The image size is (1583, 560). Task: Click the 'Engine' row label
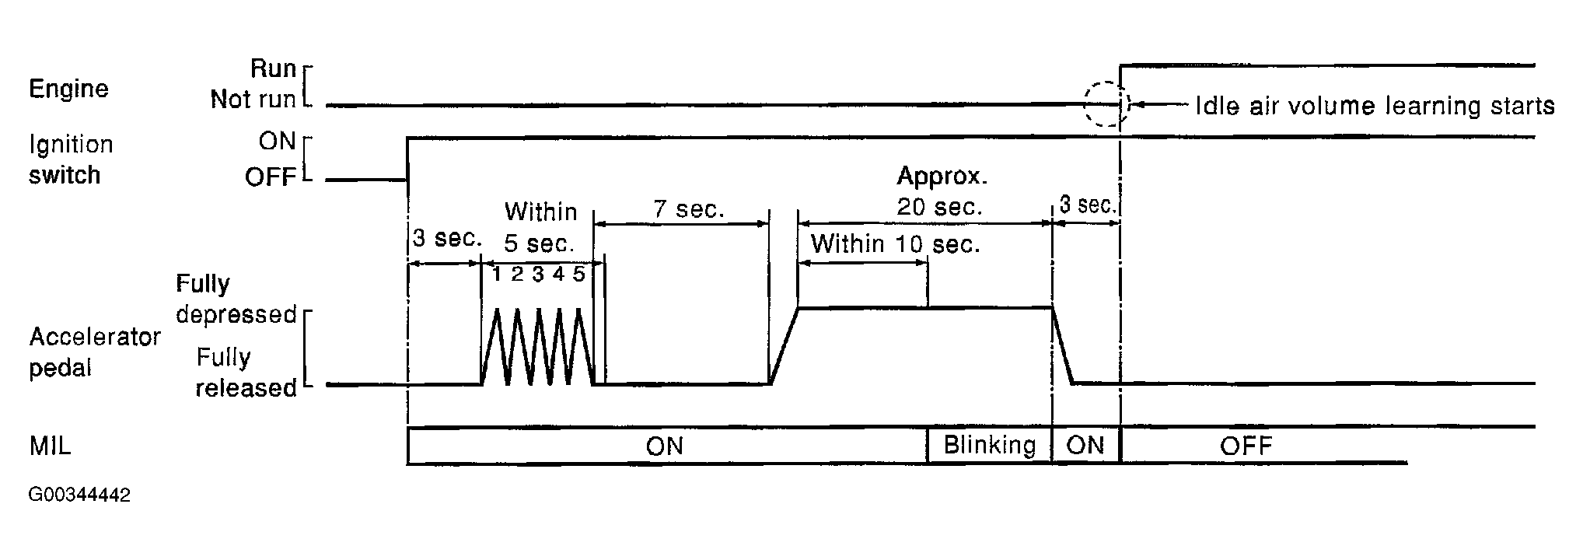click(68, 89)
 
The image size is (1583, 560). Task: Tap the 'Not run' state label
click(253, 100)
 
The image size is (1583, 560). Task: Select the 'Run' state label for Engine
click(273, 69)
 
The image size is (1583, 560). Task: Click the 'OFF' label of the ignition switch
click(271, 178)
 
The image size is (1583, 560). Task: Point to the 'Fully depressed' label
click(236, 299)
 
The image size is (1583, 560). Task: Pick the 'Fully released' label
click(246, 373)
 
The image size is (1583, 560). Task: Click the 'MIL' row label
click(50, 446)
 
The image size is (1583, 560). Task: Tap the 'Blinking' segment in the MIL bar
click(989, 446)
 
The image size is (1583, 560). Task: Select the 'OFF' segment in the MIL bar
click(1246, 446)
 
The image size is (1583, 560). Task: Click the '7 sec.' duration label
click(689, 209)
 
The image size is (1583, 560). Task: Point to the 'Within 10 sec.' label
click(895, 244)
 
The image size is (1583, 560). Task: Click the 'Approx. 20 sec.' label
click(941, 191)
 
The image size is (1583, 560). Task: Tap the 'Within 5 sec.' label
click(540, 227)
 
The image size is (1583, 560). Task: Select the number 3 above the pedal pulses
click(537, 274)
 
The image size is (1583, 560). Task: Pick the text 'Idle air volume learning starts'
click(1374, 106)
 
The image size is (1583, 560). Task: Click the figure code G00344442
click(79, 495)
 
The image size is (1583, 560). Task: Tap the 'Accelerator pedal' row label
click(94, 352)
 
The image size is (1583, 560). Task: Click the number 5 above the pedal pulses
click(578, 274)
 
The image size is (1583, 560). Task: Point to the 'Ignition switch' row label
click(71, 159)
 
